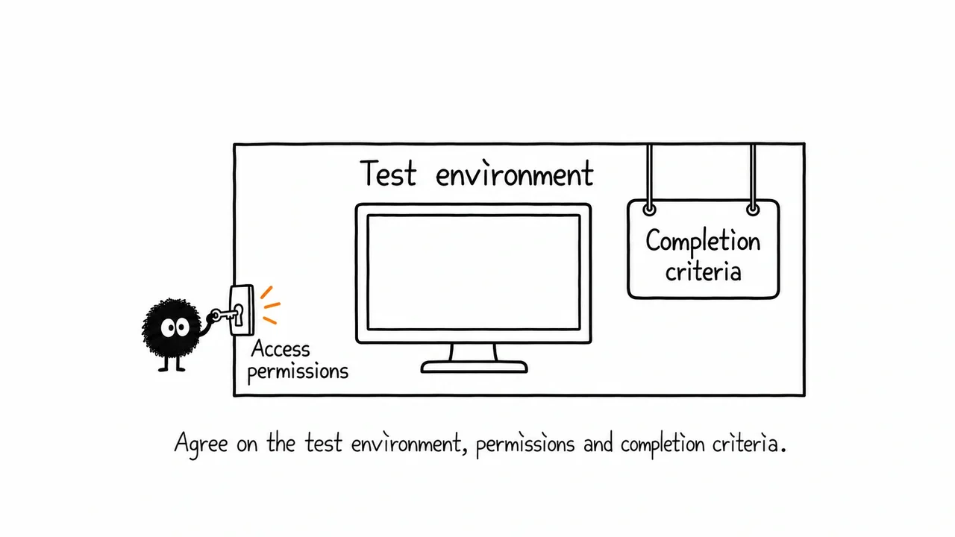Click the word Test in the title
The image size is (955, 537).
[x=388, y=173]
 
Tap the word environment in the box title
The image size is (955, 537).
[x=515, y=174]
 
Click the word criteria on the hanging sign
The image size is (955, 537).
[x=704, y=271]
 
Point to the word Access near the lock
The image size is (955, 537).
[x=281, y=349]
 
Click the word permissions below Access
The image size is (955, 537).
[x=298, y=372]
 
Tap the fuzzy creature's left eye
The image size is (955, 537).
[x=168, y=327]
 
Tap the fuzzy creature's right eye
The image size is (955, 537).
[x=183, y=327]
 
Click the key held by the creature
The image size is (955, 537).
[x=226, y=315]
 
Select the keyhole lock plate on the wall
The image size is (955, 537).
[x=242, y=310]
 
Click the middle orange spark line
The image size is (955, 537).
[x=272, y=305]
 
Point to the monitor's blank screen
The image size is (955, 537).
[x=474, y=272]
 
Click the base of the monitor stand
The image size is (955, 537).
[x=474, y=367]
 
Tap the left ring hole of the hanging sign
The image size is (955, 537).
[x=649, y=210]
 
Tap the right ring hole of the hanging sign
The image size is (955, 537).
[x=753, y=210]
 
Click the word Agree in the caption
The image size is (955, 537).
[x=201, y=444]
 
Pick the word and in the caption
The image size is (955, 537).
[x=598, y=444]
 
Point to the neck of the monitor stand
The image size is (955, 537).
[x=474, y=352]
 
